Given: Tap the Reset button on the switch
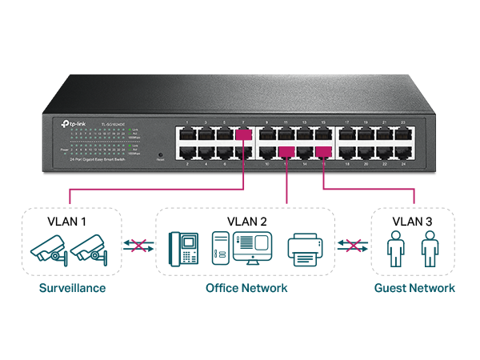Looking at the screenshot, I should (159, 152).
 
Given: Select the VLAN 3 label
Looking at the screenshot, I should (414, 220).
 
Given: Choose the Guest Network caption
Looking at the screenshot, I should (414, 287).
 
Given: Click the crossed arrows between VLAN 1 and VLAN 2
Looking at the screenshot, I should (137, 246).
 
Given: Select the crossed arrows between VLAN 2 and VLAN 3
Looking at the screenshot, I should (350, 246).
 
